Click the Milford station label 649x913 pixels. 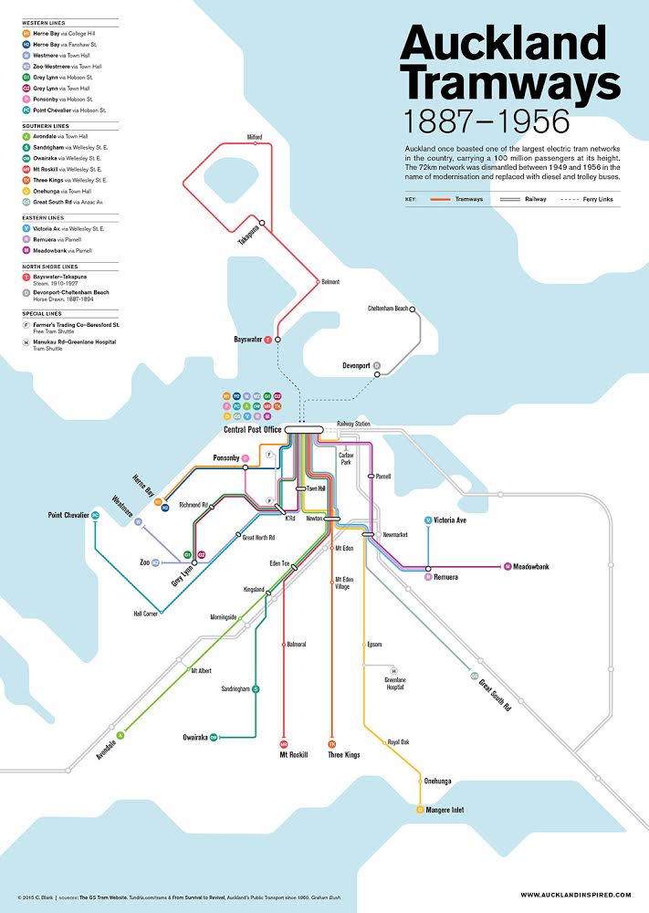tap(255, 137)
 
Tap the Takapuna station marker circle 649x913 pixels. tap(261, 222)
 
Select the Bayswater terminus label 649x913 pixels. tap(247, 339)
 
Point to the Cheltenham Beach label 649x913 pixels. tap(388, 309)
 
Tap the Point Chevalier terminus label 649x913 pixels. tap(68, 516)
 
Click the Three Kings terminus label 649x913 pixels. tap(344, 755)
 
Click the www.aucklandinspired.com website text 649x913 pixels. tap(575, 894)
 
